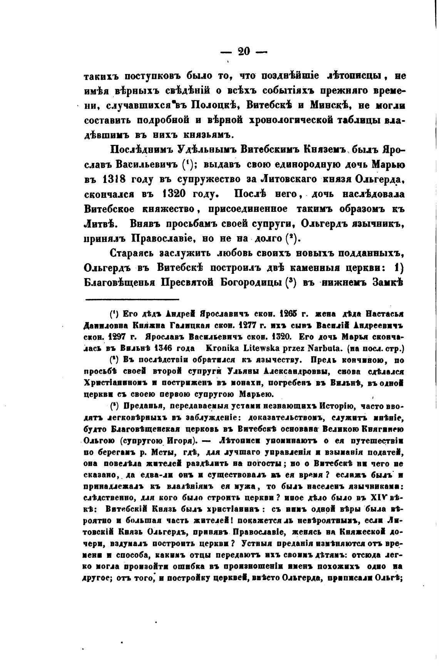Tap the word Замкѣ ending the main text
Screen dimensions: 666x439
tap(384, 282)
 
